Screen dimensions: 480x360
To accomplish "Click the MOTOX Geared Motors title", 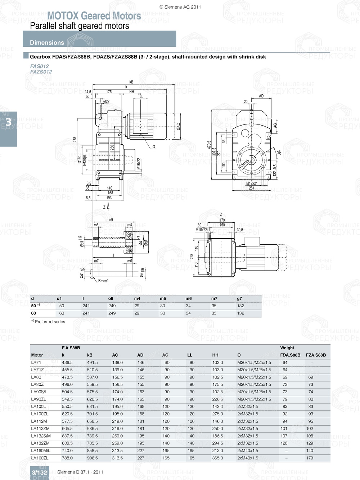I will click(x=94, y=16).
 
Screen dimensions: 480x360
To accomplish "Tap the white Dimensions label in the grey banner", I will click(x=47, y=42).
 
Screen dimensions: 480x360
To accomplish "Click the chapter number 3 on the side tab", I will click(x=8, y=122).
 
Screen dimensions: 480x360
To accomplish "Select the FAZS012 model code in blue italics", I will click(x=41, y=72).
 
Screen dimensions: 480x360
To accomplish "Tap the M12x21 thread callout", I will click(x=252, y=183).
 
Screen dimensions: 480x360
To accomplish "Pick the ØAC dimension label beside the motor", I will click(x=178, y=126).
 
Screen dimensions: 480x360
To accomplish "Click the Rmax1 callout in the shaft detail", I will click(x=103, y=281).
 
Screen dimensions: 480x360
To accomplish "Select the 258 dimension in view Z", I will click(x=192, y=256).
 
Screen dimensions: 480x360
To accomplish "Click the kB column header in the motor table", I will click(x=90, y=355).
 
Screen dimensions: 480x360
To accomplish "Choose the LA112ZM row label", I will click(x=40, y=429).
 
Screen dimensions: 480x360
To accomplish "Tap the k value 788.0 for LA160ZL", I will click(x=67, y=458).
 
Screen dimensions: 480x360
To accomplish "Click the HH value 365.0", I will click(x=217, y=458).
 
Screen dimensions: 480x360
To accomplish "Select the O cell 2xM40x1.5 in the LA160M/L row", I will click(x=248, y=450).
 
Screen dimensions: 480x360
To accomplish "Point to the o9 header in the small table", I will click(x=111, y=299).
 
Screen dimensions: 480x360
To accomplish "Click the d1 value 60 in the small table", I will click(x=62, y=313).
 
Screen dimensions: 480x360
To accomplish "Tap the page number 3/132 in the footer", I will click(x=39, y=472).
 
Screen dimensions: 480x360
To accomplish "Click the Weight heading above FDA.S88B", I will click(x=287, y=348).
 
